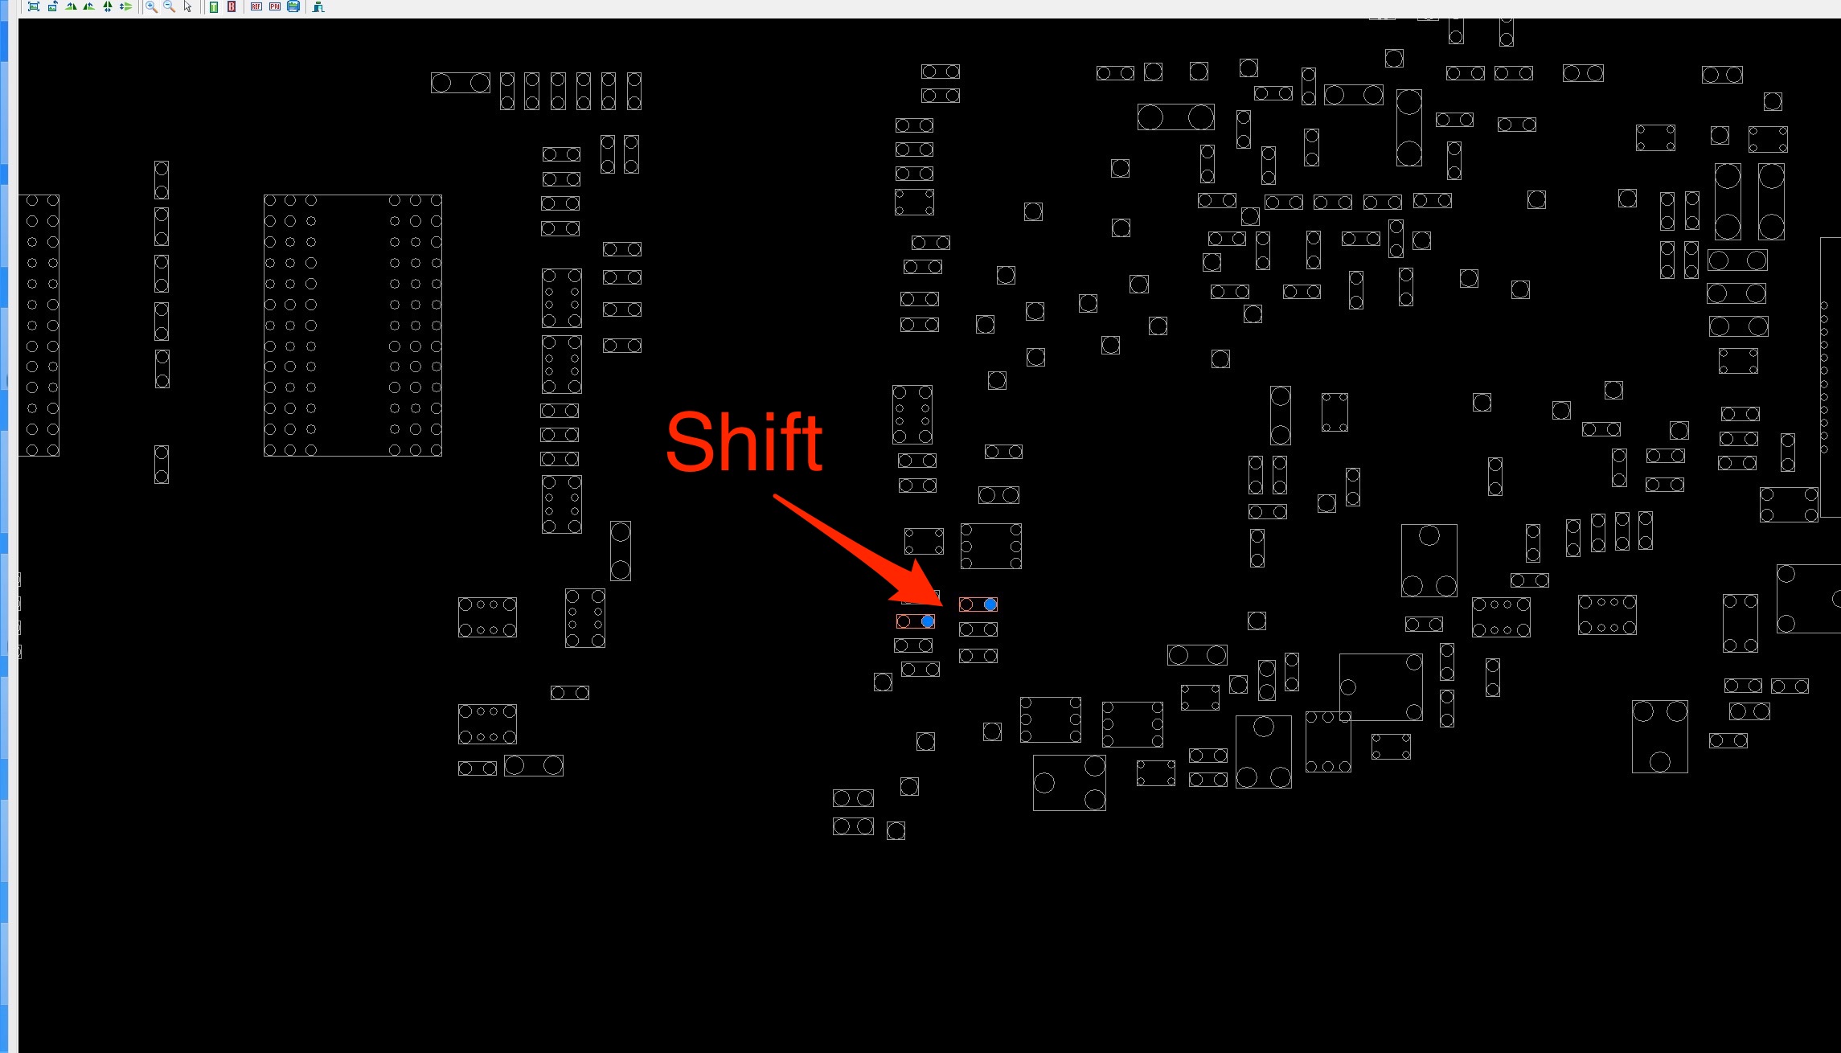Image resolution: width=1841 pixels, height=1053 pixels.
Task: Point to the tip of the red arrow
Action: (943, 605)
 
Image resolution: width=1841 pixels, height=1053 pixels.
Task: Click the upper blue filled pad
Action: (990, 604)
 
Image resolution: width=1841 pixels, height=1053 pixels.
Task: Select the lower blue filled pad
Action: (928, 621)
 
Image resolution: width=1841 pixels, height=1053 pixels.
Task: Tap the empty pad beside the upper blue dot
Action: (966, 604)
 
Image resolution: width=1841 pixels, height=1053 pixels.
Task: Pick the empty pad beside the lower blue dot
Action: (904, 621)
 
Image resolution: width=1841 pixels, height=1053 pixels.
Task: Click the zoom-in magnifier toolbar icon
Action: (151, 6)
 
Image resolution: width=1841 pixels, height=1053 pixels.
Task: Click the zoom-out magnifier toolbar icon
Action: (169, 6)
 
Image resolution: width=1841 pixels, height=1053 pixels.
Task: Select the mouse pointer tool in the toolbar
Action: (187, 6)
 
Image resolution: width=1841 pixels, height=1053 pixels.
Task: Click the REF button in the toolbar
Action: (256, 6)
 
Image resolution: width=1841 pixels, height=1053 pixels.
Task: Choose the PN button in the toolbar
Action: (275, 6)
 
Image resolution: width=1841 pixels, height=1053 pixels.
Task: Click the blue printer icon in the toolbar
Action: (293, 6)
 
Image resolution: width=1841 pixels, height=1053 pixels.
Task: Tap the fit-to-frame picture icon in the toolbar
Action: (34, 6)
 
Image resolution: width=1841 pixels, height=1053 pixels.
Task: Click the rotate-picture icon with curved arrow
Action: (52, 6)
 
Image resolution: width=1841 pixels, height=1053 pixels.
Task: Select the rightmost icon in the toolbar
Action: (318, 6)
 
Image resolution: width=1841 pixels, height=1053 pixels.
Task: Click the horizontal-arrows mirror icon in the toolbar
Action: (125, 6)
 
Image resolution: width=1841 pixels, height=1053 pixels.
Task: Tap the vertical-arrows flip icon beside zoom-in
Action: (108, 6)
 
